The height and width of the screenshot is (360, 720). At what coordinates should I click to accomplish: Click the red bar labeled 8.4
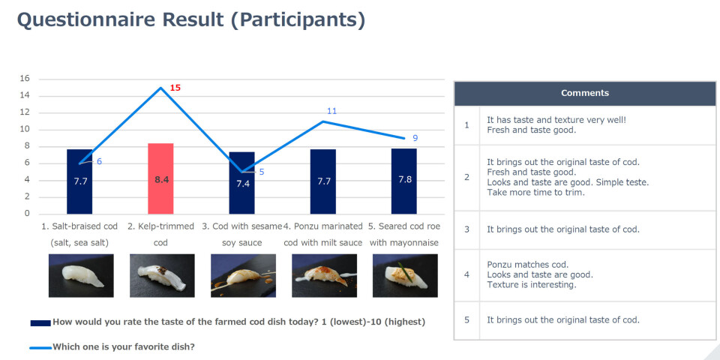tap(160, 178)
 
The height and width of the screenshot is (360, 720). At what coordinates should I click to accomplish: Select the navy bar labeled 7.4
tap(242, 183)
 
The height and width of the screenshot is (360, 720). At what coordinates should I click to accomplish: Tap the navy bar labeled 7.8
tap(404, 181)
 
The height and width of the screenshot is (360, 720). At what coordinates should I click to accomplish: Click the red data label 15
tap(175, 88)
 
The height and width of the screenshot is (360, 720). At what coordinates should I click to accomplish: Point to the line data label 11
tap(332, 111)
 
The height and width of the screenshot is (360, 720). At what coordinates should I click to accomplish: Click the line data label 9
tap(415, 138)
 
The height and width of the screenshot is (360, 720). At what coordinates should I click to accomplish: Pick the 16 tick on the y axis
tap(25, 79)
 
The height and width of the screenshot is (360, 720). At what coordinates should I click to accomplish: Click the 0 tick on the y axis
tap(27, 214)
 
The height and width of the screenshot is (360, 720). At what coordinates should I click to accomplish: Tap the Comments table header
tap(585, 93)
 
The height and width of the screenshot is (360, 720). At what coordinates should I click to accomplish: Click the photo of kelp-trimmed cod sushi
tap(162, 275)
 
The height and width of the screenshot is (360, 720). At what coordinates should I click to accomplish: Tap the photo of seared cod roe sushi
tap(405, 275)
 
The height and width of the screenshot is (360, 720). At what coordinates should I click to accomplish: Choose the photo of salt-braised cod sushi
tap(81, 275)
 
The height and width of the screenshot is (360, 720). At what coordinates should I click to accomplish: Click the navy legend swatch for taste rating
tap(40, 322)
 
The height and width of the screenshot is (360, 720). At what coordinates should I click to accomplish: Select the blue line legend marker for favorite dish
tap(40, 347)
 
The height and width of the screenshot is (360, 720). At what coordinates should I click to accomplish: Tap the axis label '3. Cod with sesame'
tap(241, 226)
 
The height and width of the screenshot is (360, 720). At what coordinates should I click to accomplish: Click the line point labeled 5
tap(242, 172)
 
